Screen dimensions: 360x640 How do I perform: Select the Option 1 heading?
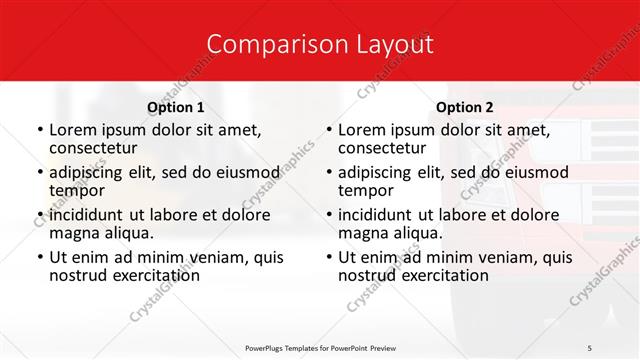(176, 107)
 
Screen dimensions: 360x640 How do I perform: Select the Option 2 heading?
(465, 107)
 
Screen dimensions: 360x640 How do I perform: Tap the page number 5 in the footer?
(590, 347)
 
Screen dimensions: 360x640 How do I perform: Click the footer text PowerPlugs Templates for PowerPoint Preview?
(319, 347)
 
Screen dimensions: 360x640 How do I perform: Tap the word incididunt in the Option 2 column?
(378, 215)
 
